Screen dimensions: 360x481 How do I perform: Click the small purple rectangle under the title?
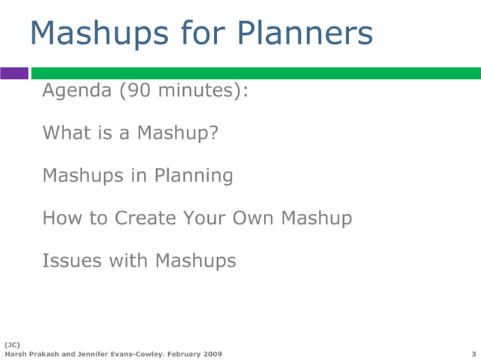[14, 73]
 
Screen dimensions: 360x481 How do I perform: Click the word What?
[67, 133]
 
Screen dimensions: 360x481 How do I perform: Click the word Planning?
[194, 176]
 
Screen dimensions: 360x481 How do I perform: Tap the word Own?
[255, 218]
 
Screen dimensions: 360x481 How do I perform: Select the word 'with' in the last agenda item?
[129, 261]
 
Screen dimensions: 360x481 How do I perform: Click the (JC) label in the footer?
[13, 343]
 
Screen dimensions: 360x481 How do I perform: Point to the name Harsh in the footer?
[17, 353]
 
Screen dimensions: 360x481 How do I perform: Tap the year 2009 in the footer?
[211, 353]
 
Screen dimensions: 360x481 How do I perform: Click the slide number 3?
[473, 353]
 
